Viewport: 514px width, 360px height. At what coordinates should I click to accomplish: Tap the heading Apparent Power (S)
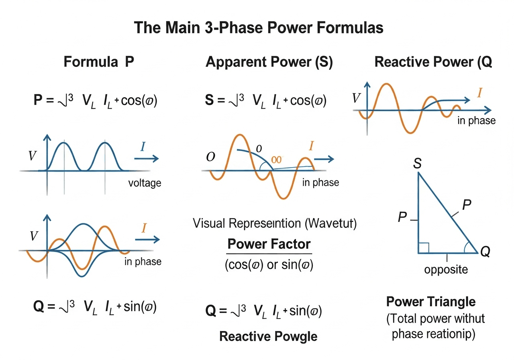pyautogui.click(x=269, y=63)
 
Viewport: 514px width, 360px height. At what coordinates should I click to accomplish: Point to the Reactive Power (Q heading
pyautogui.click(x=433, y=63)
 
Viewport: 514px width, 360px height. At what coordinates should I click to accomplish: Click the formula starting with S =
pyautogui.click(x=265, y=100)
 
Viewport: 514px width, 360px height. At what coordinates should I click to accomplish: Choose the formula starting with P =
pyautogui.click(x=95, y=100)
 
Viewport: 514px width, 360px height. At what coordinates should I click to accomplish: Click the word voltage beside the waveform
pyautogui.click(x=145, y=183)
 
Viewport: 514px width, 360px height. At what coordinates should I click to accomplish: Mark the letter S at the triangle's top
pyautogui.click(x=417, y=164)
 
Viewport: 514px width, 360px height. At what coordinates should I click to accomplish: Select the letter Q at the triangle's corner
pyautogui.click(x=485, y=252)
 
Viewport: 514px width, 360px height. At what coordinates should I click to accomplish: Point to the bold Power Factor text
pyautogui.click(x=269, y=244)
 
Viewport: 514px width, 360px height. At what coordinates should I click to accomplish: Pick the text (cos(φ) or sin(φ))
pyautogui.click(x=269, y=265)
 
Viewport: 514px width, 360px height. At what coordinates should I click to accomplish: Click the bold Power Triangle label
pyautogui.click(x=431, y=302)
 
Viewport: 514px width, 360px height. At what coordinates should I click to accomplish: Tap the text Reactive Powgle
pyautogui.click(x=268, y=336)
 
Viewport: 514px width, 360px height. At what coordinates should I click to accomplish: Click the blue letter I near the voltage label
pyautogui.click(x=143, y=147)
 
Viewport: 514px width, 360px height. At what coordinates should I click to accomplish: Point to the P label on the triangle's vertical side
pyautogui.click(x=402, y=218)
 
